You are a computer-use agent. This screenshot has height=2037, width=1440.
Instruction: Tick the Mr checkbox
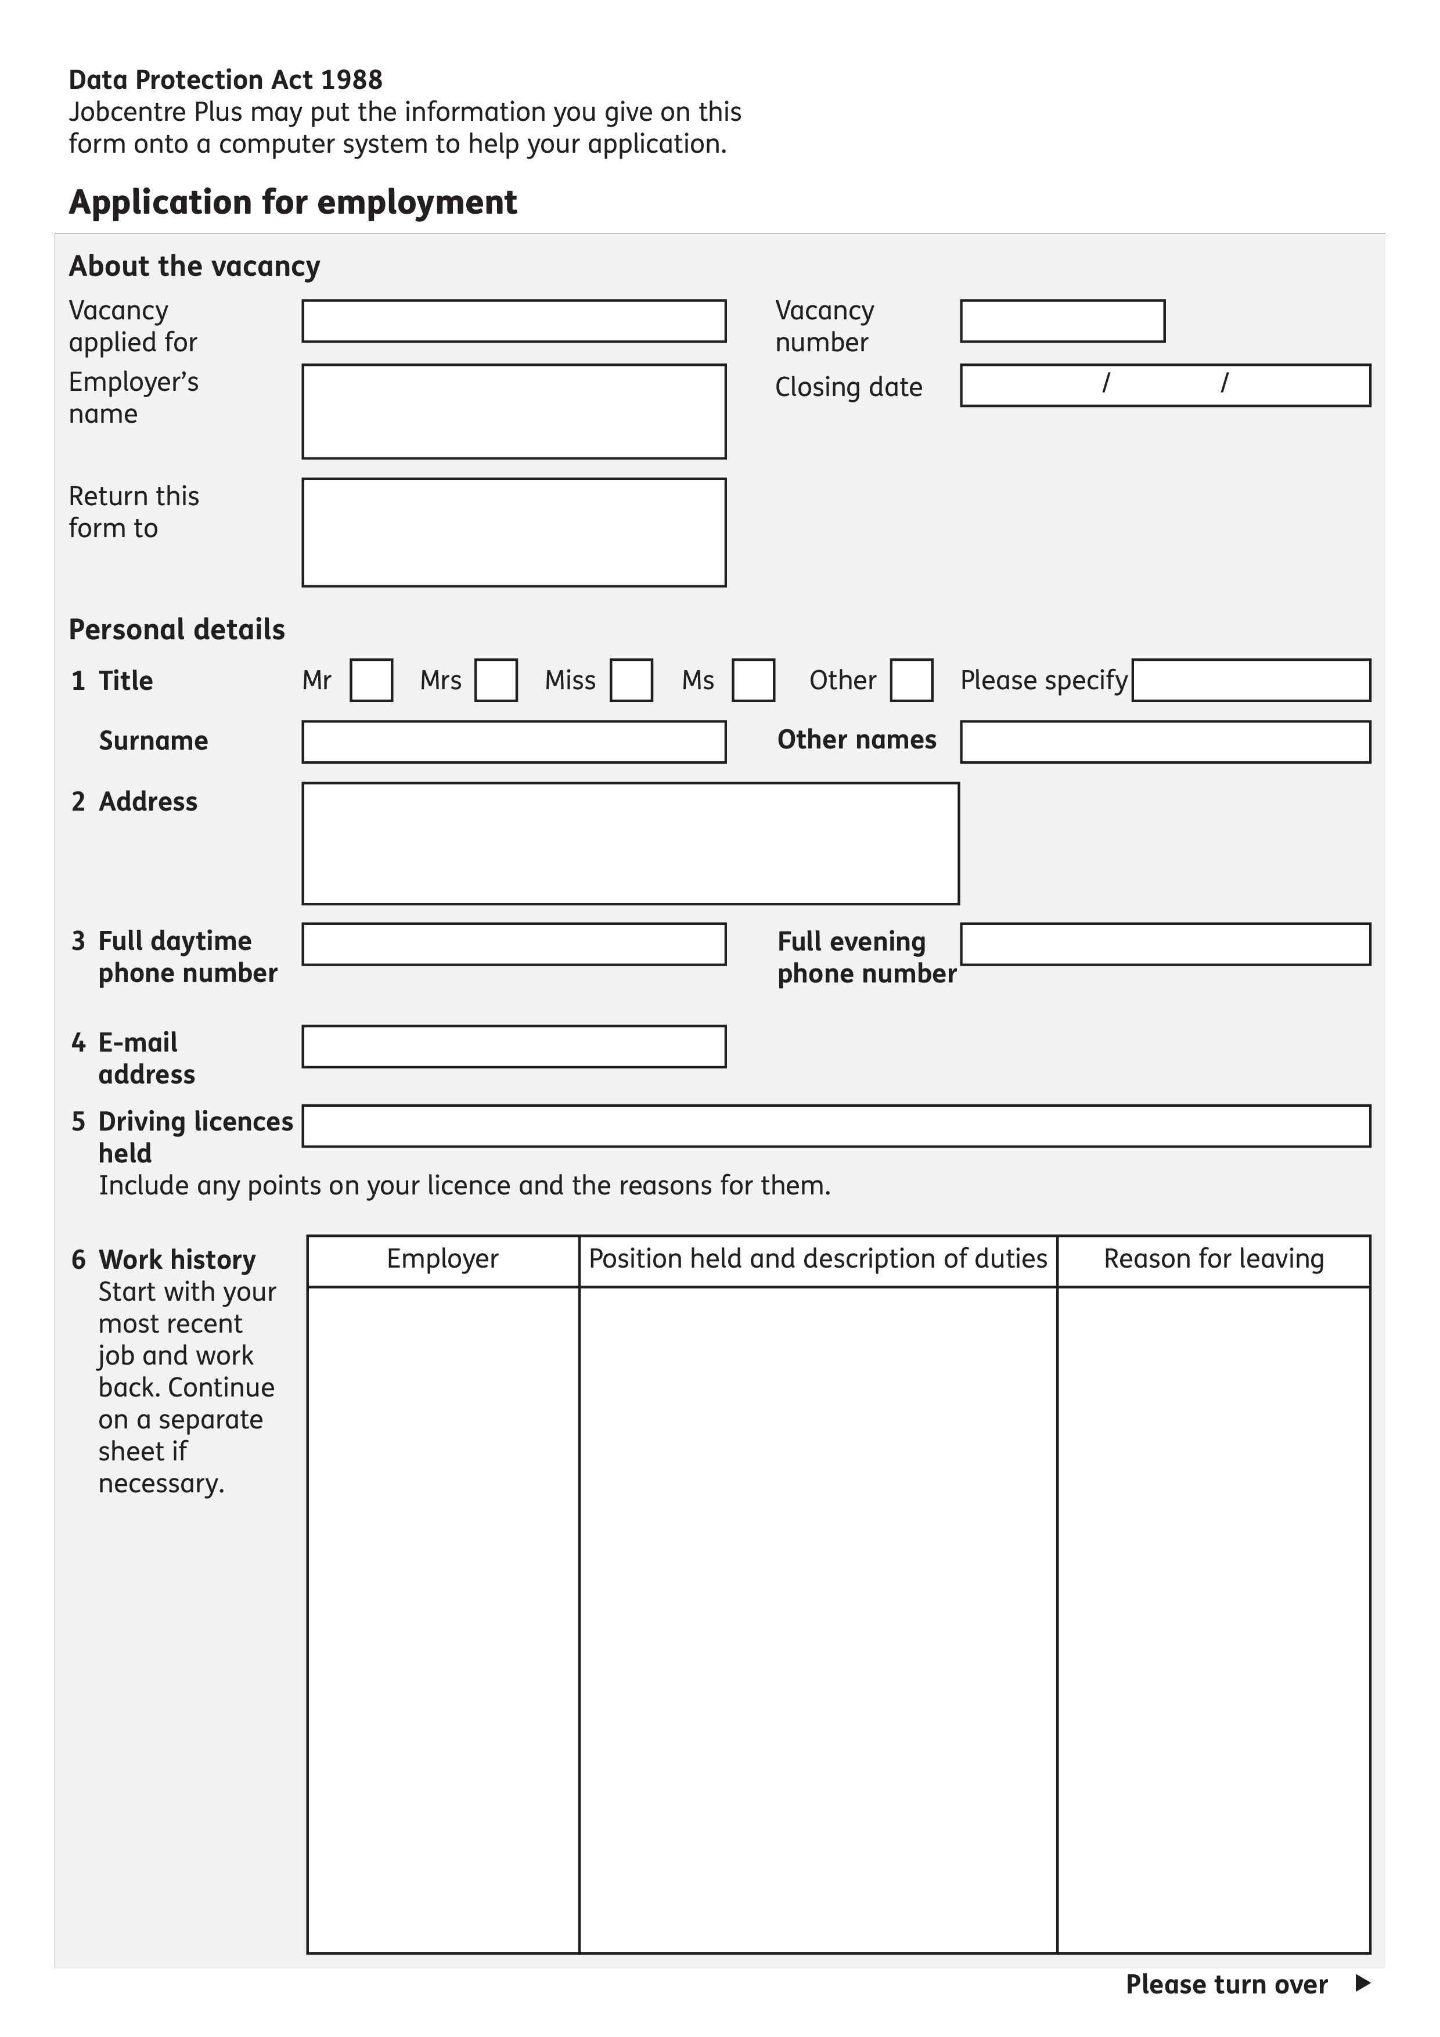(371, 681)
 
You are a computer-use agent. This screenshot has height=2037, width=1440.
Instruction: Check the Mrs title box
(496, 681)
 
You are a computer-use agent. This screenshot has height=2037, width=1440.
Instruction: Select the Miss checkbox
(631, 681)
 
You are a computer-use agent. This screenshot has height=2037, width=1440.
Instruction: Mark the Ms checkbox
(753, 681)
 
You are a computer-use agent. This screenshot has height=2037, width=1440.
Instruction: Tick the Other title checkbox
(911, 681)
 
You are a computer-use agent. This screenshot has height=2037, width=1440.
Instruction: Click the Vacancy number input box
(1062, 321)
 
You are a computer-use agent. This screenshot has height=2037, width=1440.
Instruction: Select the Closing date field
(1165, 385)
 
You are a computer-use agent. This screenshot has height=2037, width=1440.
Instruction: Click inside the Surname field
(514, 742)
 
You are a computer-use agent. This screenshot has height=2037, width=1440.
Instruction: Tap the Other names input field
(1165, 742)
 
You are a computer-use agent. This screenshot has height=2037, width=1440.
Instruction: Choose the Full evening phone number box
(1165, 944)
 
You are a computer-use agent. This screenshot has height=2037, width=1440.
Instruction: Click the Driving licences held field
(836, 1126)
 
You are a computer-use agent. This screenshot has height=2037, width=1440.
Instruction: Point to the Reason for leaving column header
(1213, 1259)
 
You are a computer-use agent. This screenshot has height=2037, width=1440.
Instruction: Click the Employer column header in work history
(442, 1259)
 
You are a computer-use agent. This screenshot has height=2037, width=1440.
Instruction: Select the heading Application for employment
(293, 202)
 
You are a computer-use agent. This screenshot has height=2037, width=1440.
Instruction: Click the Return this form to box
(514, 532)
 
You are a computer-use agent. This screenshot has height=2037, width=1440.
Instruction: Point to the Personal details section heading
(177, 630)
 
